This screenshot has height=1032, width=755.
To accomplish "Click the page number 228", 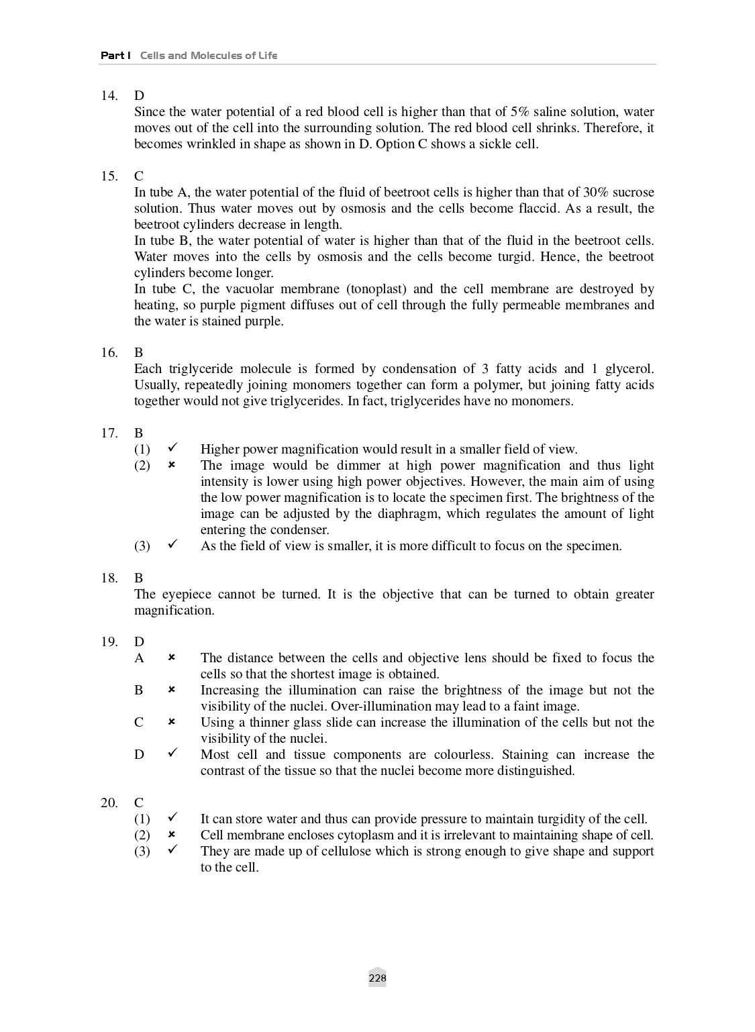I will (377, 978).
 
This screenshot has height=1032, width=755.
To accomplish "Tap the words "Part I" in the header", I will (115, 55).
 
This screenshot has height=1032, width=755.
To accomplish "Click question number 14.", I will (109, 96).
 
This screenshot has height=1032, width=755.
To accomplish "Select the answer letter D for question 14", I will (139, 96).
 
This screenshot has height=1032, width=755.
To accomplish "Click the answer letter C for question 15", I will (139, 176).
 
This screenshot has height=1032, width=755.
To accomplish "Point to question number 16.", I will (109, 353).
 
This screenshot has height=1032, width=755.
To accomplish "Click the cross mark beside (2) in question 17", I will (172, 465).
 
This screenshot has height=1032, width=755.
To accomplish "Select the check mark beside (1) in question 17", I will (172, 449).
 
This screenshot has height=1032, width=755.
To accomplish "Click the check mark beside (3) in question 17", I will (172, 546).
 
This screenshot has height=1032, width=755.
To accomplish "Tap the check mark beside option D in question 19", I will (172, 754).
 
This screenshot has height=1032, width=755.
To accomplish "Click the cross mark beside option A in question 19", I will (172, 658).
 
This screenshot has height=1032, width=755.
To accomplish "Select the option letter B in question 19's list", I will (139, 690).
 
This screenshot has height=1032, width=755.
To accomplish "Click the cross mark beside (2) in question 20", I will (172, 835).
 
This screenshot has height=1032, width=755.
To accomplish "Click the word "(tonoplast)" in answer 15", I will (376, 289).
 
